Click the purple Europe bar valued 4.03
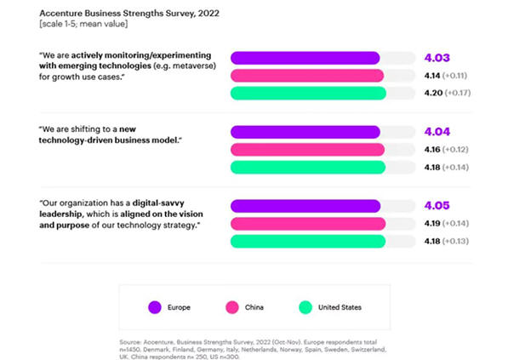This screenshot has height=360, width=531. click(305, 58)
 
